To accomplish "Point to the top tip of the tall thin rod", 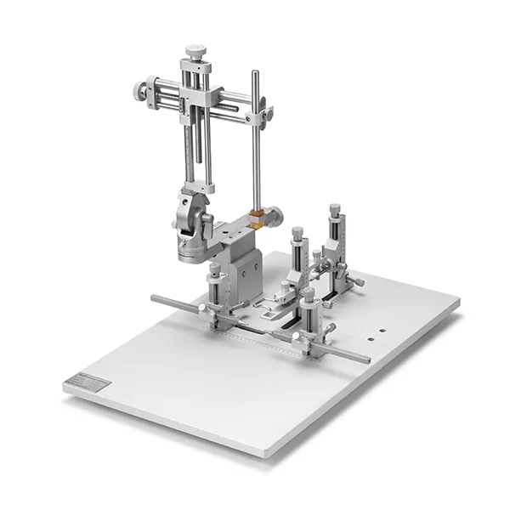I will pyautogui.click(x=255, y=74).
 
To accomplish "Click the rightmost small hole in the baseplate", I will pyautogui.click(x=383, y=330).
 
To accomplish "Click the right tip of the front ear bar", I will pyautogui.click(x=367, y=360).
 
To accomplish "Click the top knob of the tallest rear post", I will pyautogui.click(x=335, y=208).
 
